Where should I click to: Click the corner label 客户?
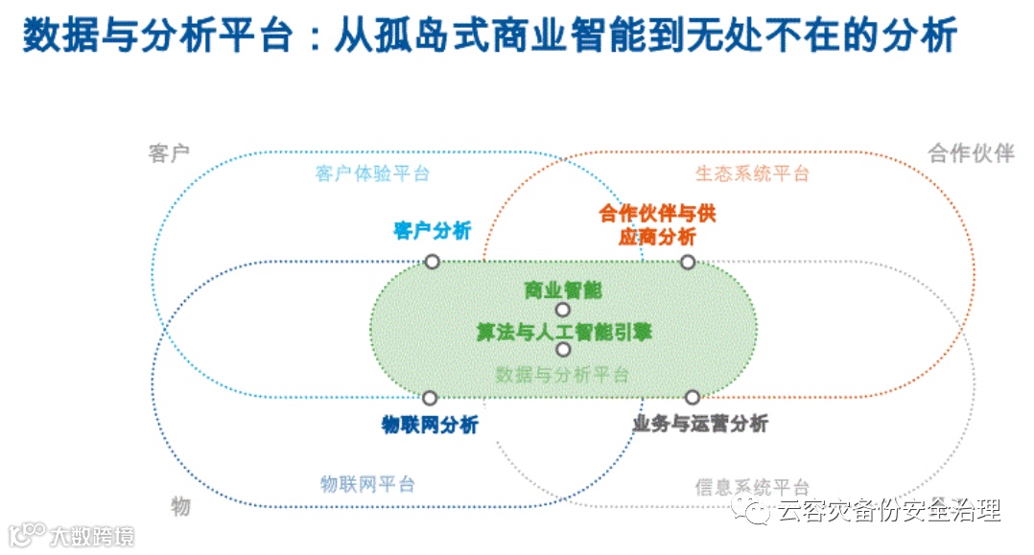click(169, 153)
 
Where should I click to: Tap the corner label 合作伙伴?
click(971, 153)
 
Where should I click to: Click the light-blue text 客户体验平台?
click(372, 173)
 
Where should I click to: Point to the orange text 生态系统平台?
click(752, 173)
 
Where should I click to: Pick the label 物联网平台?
click(367, 484)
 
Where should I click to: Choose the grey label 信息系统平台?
click(752, 487)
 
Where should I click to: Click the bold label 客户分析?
click(432, 230)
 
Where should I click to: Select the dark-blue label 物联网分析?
click(429, 425)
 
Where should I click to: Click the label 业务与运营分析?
click(700, 423)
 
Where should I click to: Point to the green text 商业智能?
click(563, 289)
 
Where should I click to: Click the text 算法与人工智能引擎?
click(564, 332)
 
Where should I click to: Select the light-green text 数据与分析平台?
click(563, 375)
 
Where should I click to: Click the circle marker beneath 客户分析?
click(433, 261)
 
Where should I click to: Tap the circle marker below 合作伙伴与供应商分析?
click(688, 262)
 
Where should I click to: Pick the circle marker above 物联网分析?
click(430, 398)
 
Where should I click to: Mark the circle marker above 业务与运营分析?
click(692, 397)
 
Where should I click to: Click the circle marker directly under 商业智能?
click(563, 310)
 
